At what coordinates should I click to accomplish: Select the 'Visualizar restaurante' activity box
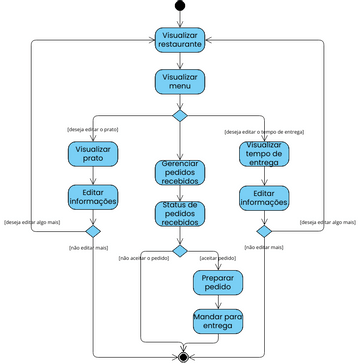(180, 40)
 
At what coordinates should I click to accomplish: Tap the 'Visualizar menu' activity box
(180, 82)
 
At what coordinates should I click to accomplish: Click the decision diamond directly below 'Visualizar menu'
(180, 116)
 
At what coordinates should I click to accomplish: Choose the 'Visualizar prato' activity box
(93, 155)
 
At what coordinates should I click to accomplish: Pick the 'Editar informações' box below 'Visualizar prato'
(93, 197)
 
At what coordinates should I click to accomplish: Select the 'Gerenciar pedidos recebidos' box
(180, 172)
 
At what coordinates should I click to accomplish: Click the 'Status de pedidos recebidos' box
(180, 213)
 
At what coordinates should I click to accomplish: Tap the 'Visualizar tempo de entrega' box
(264, 155)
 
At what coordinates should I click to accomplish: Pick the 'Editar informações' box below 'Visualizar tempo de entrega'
(264, 197)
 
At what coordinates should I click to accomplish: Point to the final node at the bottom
(182, 355)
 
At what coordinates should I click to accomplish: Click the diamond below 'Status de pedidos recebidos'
(180, 250)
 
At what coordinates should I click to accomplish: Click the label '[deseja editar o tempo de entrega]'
(264, 131)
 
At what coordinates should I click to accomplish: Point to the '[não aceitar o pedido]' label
(142, 258)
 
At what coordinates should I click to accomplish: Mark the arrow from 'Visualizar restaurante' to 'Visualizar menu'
(180, 60)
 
